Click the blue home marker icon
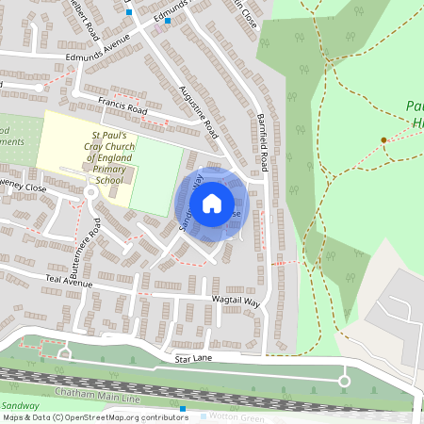point(212,203)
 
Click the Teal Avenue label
point(69,282)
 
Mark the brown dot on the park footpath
point(383,140)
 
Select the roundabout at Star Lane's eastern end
point(344,382)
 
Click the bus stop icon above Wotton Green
point(183,410)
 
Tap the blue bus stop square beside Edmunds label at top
point(168,21)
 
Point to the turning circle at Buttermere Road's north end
point(90,192)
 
